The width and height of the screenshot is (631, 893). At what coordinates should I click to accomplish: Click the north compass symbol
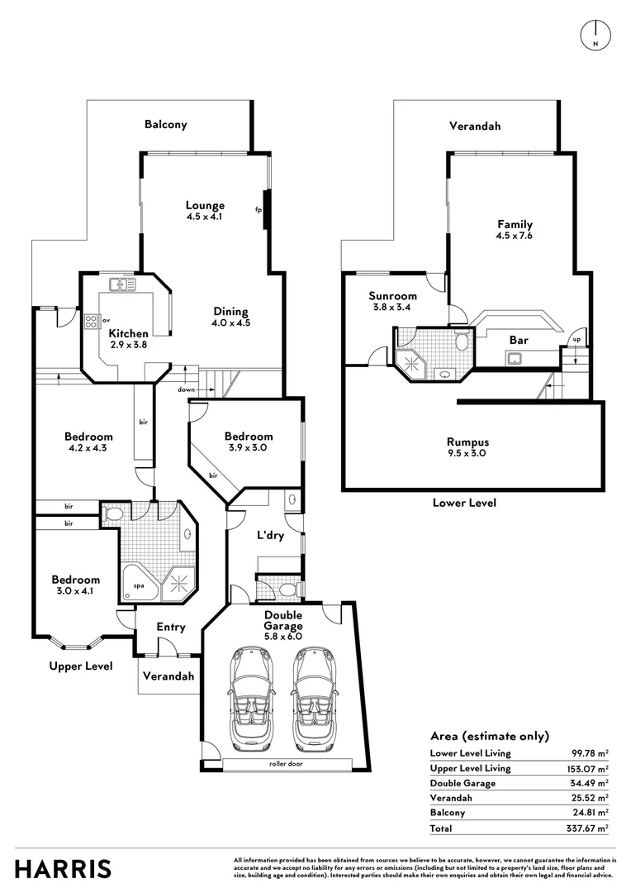click(595, 32)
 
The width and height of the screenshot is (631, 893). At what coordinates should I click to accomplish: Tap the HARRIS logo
click(63, 869)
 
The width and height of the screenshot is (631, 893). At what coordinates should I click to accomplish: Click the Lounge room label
click(205, 205)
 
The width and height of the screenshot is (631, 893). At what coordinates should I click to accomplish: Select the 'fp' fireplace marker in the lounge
click(258, 209)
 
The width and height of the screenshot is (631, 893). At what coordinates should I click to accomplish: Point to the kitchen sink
click(122, 285)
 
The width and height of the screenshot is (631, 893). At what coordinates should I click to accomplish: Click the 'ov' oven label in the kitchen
click(107, 320)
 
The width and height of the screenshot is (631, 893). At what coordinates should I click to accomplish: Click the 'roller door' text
click(285, 763)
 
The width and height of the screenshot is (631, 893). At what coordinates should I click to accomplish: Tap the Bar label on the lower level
click(519, 340)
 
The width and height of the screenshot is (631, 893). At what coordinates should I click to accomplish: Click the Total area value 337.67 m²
click(591, 828)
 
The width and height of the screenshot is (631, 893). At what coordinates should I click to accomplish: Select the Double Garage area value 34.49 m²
click(592, 783)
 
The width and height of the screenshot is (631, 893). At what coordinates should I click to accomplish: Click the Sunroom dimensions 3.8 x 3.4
click(392, 308)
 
